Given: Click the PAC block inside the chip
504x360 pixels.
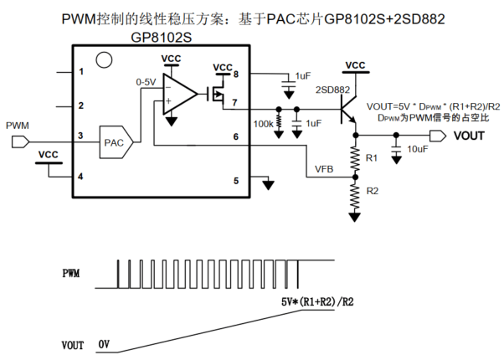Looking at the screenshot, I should coord(114,143).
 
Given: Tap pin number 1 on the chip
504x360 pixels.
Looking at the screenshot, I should coord(81,72).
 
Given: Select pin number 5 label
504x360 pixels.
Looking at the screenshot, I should coord(236,180).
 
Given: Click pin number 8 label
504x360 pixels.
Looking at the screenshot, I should coord(236,75).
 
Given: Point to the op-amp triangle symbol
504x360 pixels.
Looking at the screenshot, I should coord(178,93).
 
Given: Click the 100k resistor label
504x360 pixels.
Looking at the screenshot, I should coord(263,124).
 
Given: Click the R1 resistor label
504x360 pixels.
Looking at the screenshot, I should coord(373,157).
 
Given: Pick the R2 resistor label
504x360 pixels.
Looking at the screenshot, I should coord(373,191).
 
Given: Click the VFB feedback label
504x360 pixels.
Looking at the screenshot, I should coord(324,168).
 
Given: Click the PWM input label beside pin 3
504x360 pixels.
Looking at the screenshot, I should coord(17,126).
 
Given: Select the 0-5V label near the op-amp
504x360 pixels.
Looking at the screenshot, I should coord(146,82).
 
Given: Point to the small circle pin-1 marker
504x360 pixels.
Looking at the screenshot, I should coord(104,59).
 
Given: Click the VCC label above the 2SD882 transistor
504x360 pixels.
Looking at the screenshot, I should coord(355,65).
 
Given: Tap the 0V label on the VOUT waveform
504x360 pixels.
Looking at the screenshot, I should coord(104,344).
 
